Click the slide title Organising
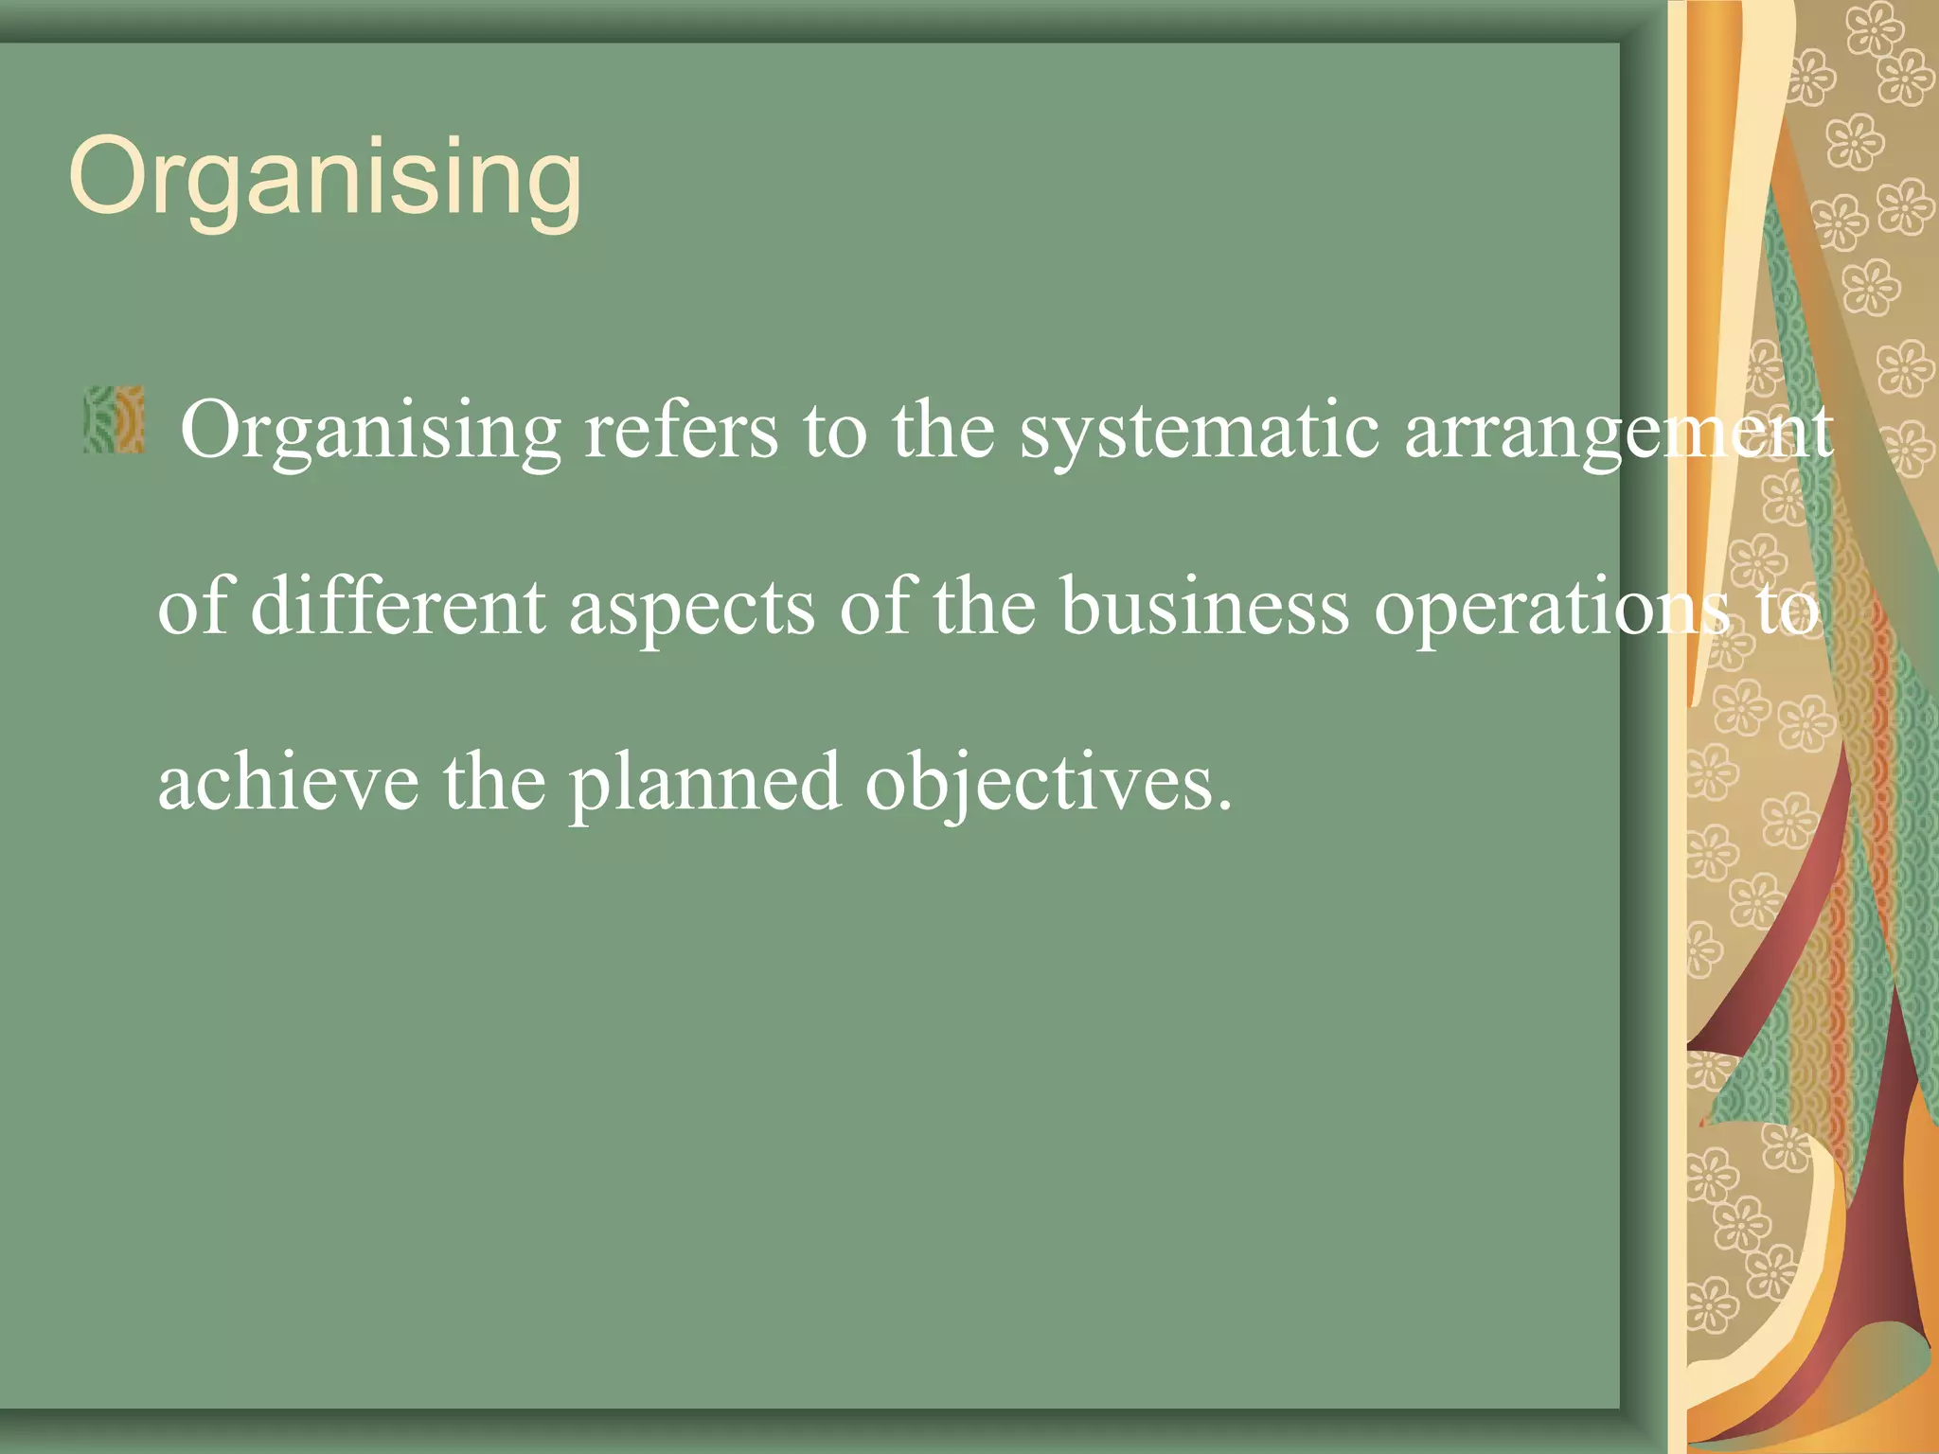[325, 178]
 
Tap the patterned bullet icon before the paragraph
[114, 418]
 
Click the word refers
[681, 431]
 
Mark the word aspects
[691, 609]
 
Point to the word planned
[703, 784]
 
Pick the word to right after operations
[1788, 609]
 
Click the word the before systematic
[942, 431]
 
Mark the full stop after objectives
[1225, 805]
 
